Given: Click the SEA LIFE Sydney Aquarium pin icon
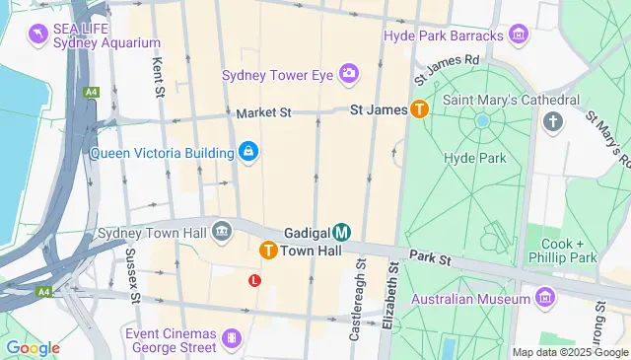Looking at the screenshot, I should point(38,35).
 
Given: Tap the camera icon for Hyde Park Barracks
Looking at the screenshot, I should point(518,36).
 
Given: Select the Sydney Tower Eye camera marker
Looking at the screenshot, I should point(348,74).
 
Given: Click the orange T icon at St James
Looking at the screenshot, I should point(420,110).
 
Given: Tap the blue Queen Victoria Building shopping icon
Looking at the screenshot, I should point(248,152).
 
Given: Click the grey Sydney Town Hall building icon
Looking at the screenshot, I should point(222,233).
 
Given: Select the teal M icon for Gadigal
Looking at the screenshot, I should point(341,233).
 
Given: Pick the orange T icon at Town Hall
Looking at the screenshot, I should point(267,252).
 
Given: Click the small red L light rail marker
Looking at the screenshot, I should point(254,281).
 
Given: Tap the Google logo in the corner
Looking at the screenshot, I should point(33,347).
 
